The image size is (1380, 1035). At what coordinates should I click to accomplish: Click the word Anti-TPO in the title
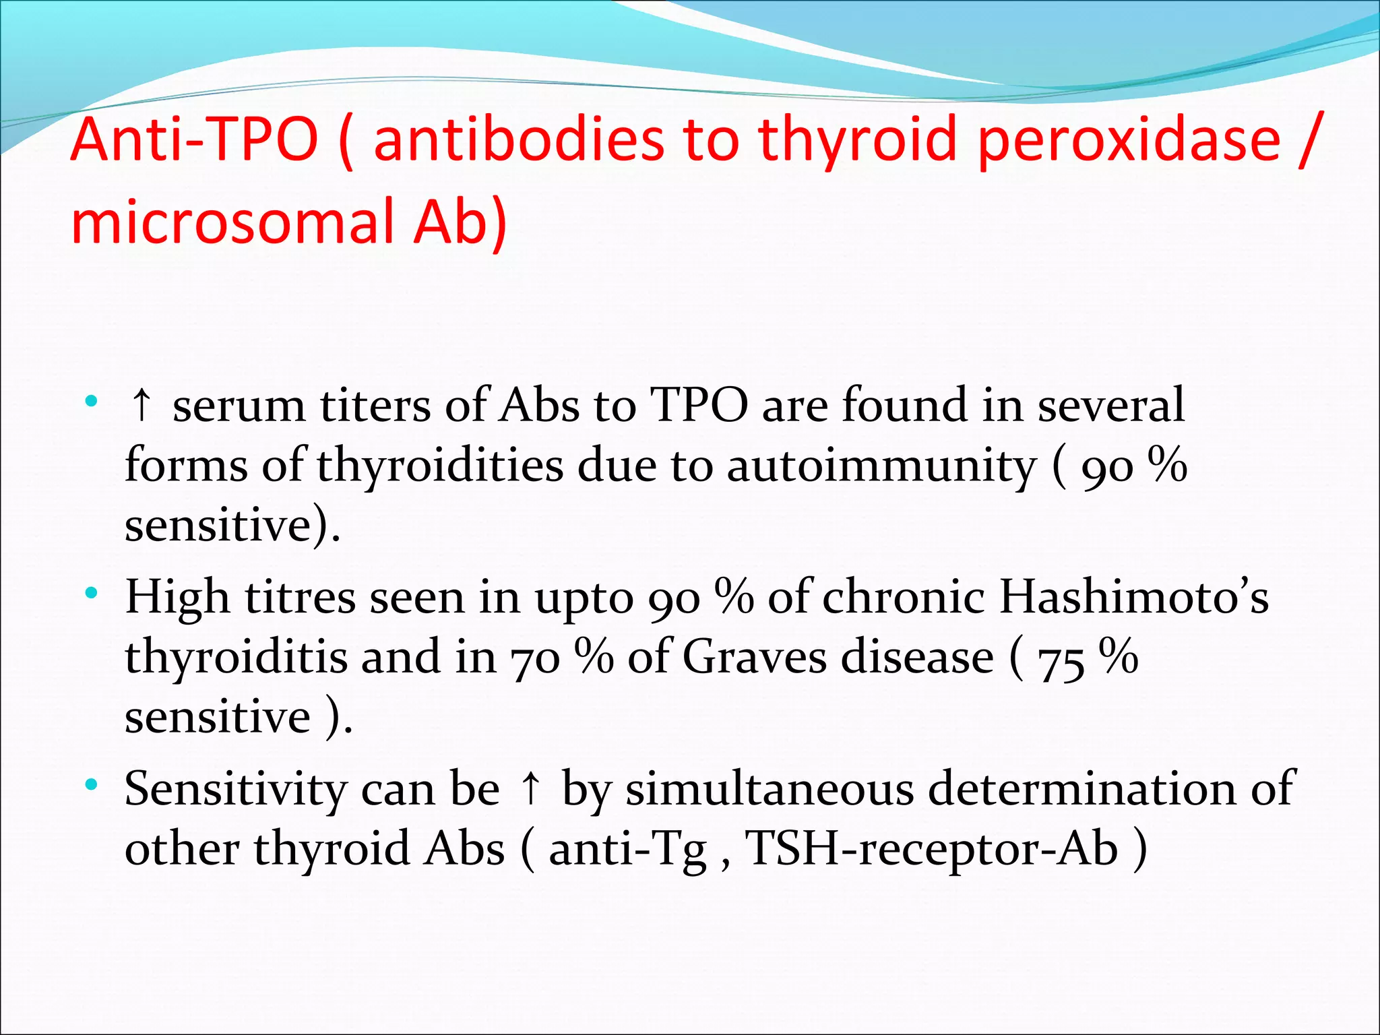point(194,139)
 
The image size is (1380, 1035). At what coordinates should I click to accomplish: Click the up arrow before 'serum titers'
point(142,406)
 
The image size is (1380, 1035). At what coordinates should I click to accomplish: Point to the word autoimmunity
point(882,466)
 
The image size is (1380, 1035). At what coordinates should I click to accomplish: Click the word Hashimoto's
point(1133,597)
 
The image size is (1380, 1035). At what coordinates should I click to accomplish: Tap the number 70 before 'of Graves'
point(534,657)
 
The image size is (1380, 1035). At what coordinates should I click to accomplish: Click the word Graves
point(754,657)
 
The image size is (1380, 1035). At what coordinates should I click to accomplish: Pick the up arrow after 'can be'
point(531,788)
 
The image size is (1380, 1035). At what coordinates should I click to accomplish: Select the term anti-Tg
point(627,848)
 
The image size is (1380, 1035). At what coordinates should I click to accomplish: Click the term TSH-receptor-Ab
point(932,848)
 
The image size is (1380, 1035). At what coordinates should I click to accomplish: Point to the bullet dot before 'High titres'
point(92,594)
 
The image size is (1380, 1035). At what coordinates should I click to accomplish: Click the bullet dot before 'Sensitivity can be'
point(92,785)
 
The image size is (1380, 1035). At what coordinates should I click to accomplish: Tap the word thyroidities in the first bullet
point(440,466)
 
